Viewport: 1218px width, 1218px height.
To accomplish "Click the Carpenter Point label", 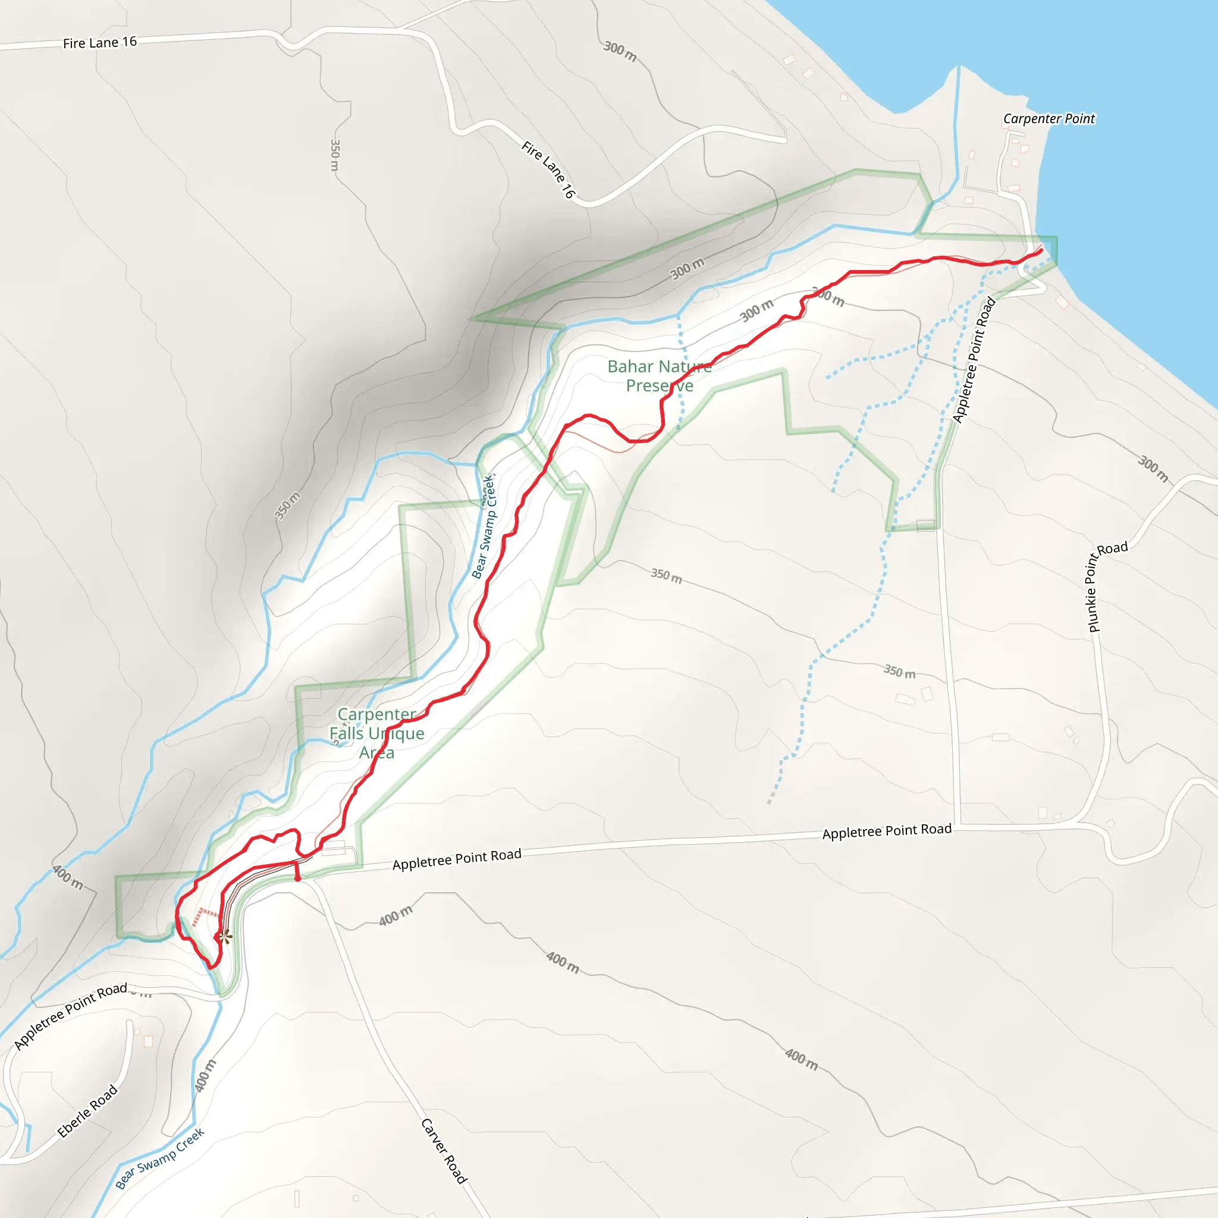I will [1049, 118].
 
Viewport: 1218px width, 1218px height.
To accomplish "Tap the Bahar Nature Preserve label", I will [660, 376].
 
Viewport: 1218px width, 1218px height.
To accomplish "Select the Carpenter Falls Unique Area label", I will [377, 733].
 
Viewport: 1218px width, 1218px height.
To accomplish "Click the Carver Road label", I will [444, 1151].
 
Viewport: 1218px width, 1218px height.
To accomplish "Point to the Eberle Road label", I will [87, 1111].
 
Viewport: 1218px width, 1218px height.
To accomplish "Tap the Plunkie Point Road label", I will [1107, 586].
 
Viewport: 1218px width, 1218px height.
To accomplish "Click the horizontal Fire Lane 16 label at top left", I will [99, 43].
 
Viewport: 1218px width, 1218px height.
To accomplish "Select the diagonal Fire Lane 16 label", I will [548, 169].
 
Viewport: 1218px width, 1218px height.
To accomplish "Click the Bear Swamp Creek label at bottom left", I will [160, 1158].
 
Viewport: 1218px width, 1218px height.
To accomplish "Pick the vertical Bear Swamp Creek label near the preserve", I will [485, 527].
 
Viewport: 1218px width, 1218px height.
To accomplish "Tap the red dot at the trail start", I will [297, 878].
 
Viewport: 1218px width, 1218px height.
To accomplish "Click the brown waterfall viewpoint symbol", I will [225, 935].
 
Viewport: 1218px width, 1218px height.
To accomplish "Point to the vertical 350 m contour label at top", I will [335, 155].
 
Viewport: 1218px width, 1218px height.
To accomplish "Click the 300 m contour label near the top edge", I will [620, 51].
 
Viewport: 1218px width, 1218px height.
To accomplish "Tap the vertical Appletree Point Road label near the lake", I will [974, 359].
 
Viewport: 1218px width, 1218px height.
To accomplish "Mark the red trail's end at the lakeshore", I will [1041, 251].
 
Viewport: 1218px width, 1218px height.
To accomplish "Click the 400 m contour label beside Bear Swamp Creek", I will [206, 1075].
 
